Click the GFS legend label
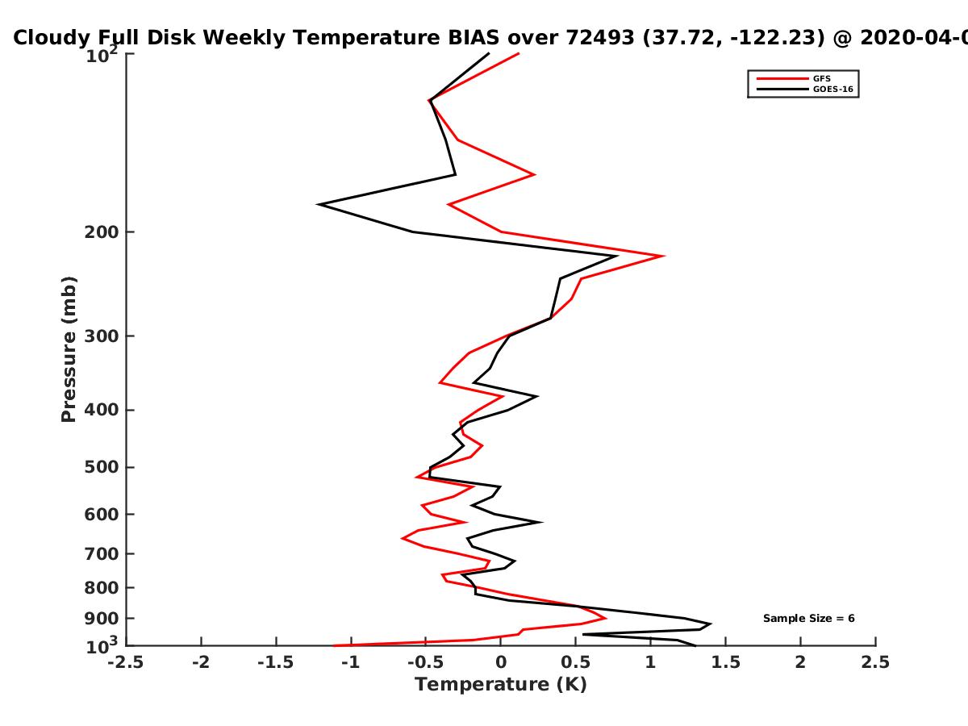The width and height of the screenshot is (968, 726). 821,79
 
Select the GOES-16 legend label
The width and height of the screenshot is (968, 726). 833,90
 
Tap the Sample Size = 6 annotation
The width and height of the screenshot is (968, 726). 809,619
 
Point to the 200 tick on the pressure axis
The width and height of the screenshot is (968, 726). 102,232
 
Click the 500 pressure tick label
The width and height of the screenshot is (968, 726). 102,467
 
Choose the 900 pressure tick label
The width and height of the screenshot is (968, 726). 102,619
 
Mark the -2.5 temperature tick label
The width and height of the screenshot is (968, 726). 126,663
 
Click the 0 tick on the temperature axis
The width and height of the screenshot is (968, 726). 501,663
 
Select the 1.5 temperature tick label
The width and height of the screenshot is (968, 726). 725,663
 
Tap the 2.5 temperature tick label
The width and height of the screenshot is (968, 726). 875,663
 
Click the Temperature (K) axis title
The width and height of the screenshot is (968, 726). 501,685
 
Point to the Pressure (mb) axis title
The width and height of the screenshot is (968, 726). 69,349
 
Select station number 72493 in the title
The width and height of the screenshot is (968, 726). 600,38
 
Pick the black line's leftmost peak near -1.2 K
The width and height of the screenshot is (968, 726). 318,205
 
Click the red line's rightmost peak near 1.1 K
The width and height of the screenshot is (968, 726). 664,256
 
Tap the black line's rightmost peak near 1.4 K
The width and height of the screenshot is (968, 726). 710,624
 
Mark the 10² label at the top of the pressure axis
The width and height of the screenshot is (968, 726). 102,55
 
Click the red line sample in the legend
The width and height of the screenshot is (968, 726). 782,79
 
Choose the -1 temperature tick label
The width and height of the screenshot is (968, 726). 351,663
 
